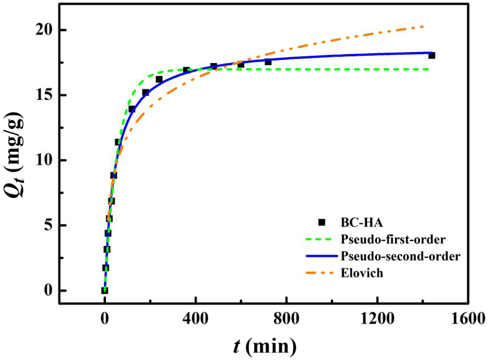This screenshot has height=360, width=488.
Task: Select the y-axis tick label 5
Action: (48, 226)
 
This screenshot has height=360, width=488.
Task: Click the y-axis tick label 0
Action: (48, 291)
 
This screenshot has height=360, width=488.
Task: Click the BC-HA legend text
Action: (358, 222)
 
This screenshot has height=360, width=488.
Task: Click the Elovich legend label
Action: (361, 273)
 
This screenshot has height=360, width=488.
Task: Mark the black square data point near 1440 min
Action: (432, 55)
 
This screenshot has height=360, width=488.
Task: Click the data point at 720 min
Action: (268, 62)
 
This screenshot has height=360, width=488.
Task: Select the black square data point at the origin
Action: (105, 291)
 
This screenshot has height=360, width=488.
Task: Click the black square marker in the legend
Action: (321, 222)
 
